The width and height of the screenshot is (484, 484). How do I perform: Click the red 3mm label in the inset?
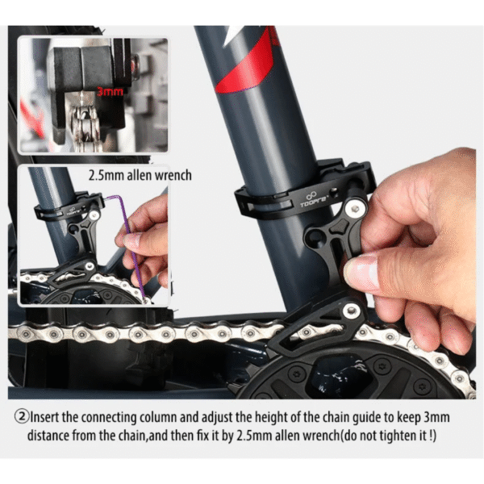[x=110, y=92]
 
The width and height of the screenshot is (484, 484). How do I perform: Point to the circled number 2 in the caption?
[x=22, y=417]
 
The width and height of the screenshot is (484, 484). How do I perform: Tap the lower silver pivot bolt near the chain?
[x=351, y=311]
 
